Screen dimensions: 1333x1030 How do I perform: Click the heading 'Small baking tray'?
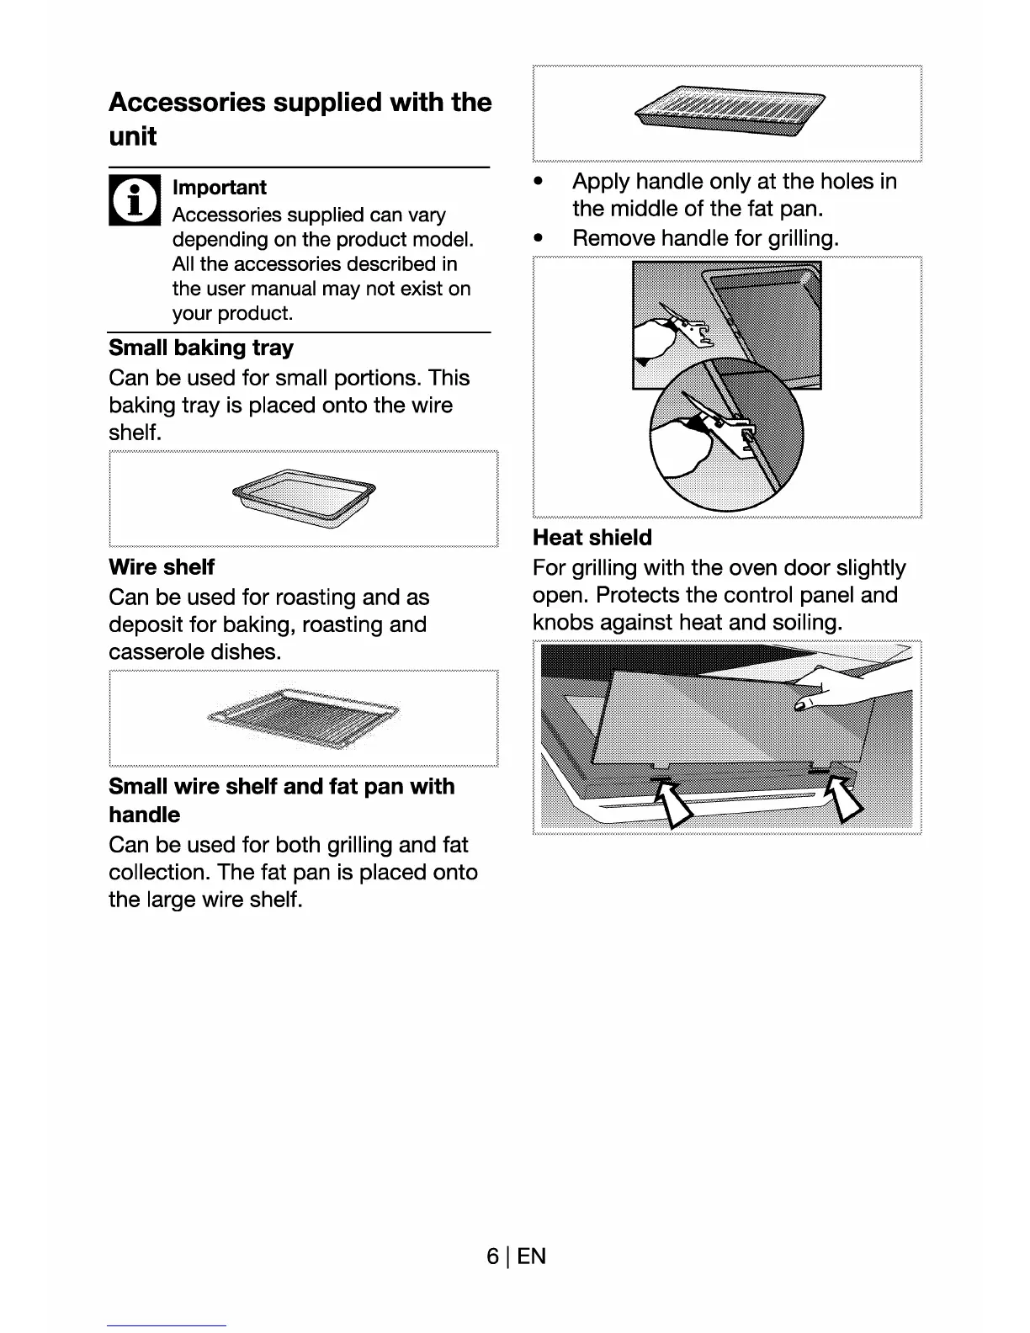click(x=201, y=348)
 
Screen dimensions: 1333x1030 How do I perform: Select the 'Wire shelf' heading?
click(x=162, y=567)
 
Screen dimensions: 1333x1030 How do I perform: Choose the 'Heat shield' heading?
click(x=592, y=538)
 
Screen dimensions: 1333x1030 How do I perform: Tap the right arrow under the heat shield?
click(x=844, y=798)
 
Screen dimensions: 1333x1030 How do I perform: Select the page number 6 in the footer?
click(x=492, y=1256)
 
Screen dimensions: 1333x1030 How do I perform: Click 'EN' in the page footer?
click(x=532, y=1256)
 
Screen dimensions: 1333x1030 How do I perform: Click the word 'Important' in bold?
click(x=220, y=188)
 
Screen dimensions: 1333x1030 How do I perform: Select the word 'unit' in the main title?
click(x=133, y=136)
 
